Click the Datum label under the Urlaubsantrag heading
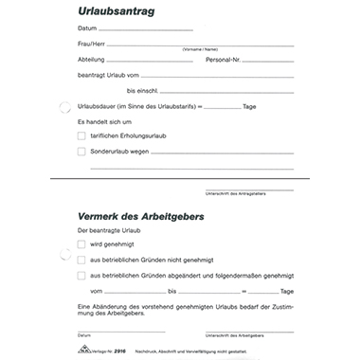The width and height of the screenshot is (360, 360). point(87,29)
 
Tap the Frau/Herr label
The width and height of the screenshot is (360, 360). point(91,45)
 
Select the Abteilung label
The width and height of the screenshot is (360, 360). point(91,60)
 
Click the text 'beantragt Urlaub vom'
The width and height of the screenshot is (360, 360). point(109,75)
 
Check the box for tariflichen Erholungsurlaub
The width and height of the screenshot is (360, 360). point(81,136)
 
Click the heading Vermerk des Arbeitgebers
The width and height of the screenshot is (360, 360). point(141,217)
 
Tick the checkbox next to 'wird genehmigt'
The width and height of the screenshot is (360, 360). point(81,244)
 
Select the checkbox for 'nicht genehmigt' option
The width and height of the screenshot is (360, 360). point(81,259)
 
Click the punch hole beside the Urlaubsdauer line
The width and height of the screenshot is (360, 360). point(64,107)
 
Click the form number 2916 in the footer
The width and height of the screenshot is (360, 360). point(119,351)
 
